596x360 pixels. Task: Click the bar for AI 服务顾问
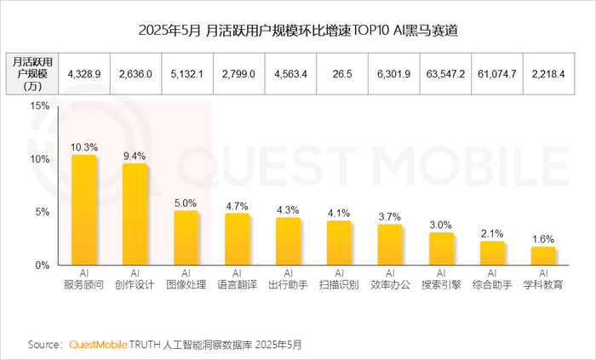(83, 210)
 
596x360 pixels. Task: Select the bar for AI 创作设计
(135, 214)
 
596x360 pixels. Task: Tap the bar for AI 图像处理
(186, 238)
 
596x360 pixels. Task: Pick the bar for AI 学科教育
(542, 256)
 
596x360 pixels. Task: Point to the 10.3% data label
(83, 147)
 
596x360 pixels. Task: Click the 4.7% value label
(237, 206)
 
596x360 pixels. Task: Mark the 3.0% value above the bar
(441, 225)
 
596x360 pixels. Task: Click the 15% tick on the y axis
(39, 106)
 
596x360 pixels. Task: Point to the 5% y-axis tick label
(42, 212)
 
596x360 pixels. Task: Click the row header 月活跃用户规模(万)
(33, 75)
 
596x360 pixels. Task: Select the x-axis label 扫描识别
(339, 285)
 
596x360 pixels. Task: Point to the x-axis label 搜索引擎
(441, 285)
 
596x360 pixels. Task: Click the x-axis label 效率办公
(390, 285)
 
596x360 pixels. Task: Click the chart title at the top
(297, 31)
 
